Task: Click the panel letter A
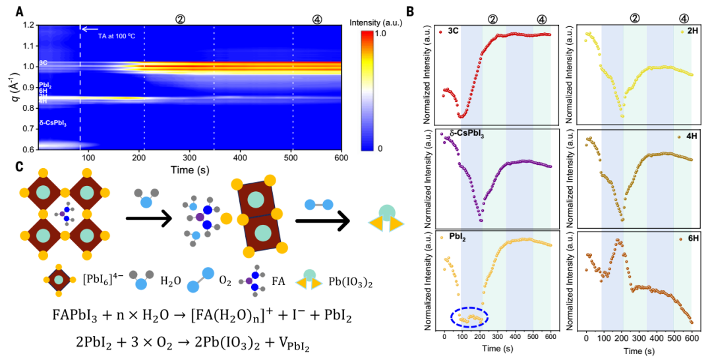pyautogui.click(x=19, y=11)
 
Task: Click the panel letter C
pyautogui.click(x=20, y=167)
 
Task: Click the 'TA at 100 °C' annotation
pyautogui.click(x=121, y=29)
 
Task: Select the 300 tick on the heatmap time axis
pyautogui.click(x=190, y=158)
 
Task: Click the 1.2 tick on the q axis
pyautogui.click(x=28, y=26)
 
